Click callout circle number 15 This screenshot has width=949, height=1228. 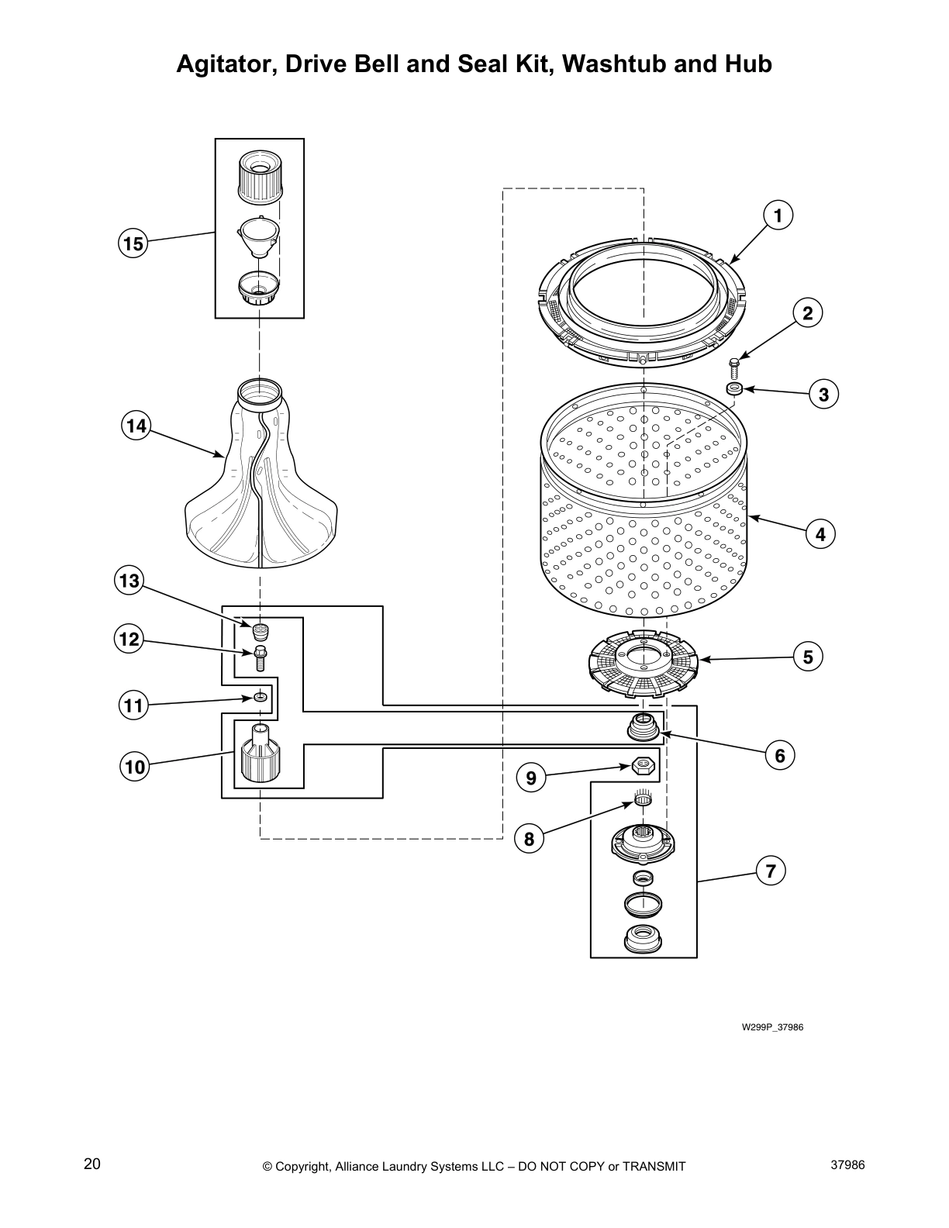pos(133,244)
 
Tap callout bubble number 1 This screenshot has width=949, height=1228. pos(778,216)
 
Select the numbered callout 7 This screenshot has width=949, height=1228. pos(770,871)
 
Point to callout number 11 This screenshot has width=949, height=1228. pos(133,705)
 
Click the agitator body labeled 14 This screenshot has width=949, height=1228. pos(261,481)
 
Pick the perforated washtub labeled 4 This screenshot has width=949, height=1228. pos(644,512)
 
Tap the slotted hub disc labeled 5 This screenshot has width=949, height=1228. pos(642,660)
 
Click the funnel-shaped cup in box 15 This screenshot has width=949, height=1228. pos(259,236)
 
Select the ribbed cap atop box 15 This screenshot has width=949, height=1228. pos(259,176)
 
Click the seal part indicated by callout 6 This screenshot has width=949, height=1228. pos(642,728)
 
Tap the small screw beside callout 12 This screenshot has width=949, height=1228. pos(260,658)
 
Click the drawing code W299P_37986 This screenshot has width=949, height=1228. pos(771,1027)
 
